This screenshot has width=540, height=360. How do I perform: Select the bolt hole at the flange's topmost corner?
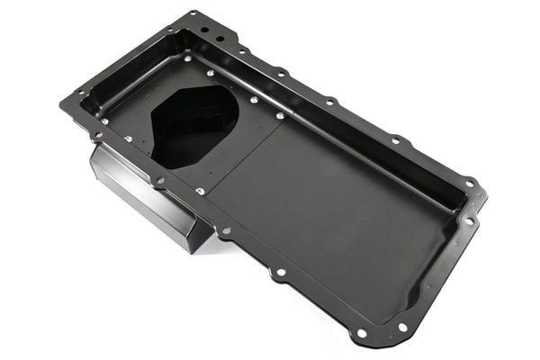(x=193, y=14)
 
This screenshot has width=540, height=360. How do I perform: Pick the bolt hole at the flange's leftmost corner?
(x=65, y=102)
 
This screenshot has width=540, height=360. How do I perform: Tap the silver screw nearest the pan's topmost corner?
(x=187, y=58)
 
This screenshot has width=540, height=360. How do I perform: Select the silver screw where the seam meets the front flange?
(x=199, y=192)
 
